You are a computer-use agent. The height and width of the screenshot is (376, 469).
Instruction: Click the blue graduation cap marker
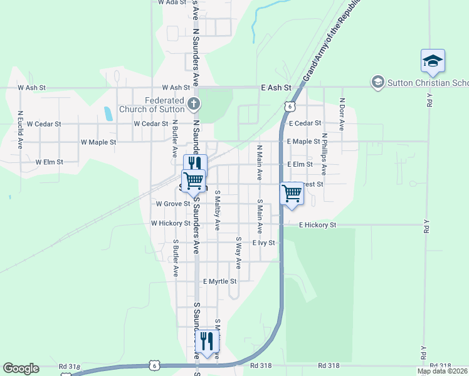click(433, 61)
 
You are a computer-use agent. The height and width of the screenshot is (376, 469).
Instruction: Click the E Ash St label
click(277, 88)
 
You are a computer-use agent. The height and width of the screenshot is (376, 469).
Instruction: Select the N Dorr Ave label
click(342, 113)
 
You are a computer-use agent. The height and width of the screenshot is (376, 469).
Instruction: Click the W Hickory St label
click(171, 223)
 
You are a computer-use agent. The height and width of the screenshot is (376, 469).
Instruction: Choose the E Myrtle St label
click(219, 281)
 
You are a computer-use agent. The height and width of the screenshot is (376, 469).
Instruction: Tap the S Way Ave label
click(238, 253)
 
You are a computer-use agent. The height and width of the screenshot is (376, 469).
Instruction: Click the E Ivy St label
click(263, 243)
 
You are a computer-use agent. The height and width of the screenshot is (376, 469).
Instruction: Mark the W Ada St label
click(172, 3)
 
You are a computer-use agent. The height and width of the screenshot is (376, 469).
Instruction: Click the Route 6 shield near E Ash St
click(288, 106)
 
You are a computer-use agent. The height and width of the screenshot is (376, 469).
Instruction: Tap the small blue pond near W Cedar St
click(108, 113)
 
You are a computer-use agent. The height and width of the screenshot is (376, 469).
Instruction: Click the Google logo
click(21, 368)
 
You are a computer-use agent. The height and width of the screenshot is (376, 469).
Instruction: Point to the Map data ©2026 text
click(443, 371)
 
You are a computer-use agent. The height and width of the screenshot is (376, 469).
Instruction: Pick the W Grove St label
click(173, 204)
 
